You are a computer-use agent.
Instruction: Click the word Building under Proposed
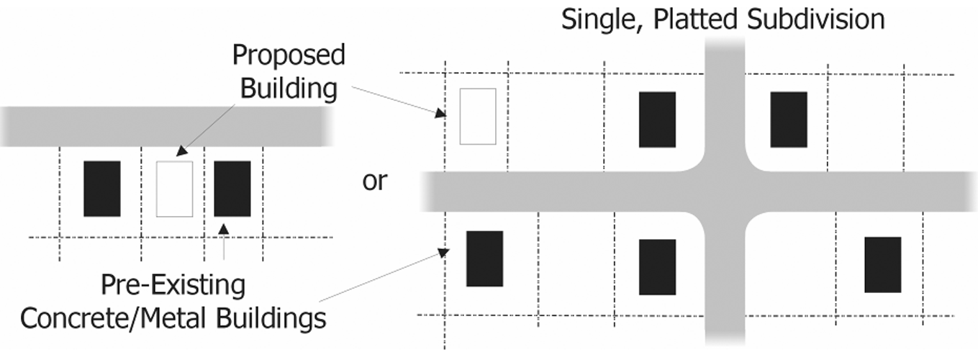point(289,89)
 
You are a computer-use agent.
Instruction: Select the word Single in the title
point(602,19)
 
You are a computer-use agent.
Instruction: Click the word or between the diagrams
point(374,181)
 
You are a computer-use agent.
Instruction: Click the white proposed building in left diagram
point(174,189)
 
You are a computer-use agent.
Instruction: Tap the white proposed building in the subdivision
point(478,116)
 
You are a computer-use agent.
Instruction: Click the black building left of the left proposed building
point(101,189)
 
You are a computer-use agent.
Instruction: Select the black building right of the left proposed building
point(232,189)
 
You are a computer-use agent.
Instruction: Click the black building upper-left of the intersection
point(657,120)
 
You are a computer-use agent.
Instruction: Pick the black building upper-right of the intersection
point(789,120)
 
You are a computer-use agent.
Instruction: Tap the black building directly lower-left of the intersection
point(657,267)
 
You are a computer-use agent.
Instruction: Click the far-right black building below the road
point(882,264)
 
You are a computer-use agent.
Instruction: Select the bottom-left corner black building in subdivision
point(484,258)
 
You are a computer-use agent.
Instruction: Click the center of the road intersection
point(725,192)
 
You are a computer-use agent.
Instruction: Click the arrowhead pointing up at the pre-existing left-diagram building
point(224,229)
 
